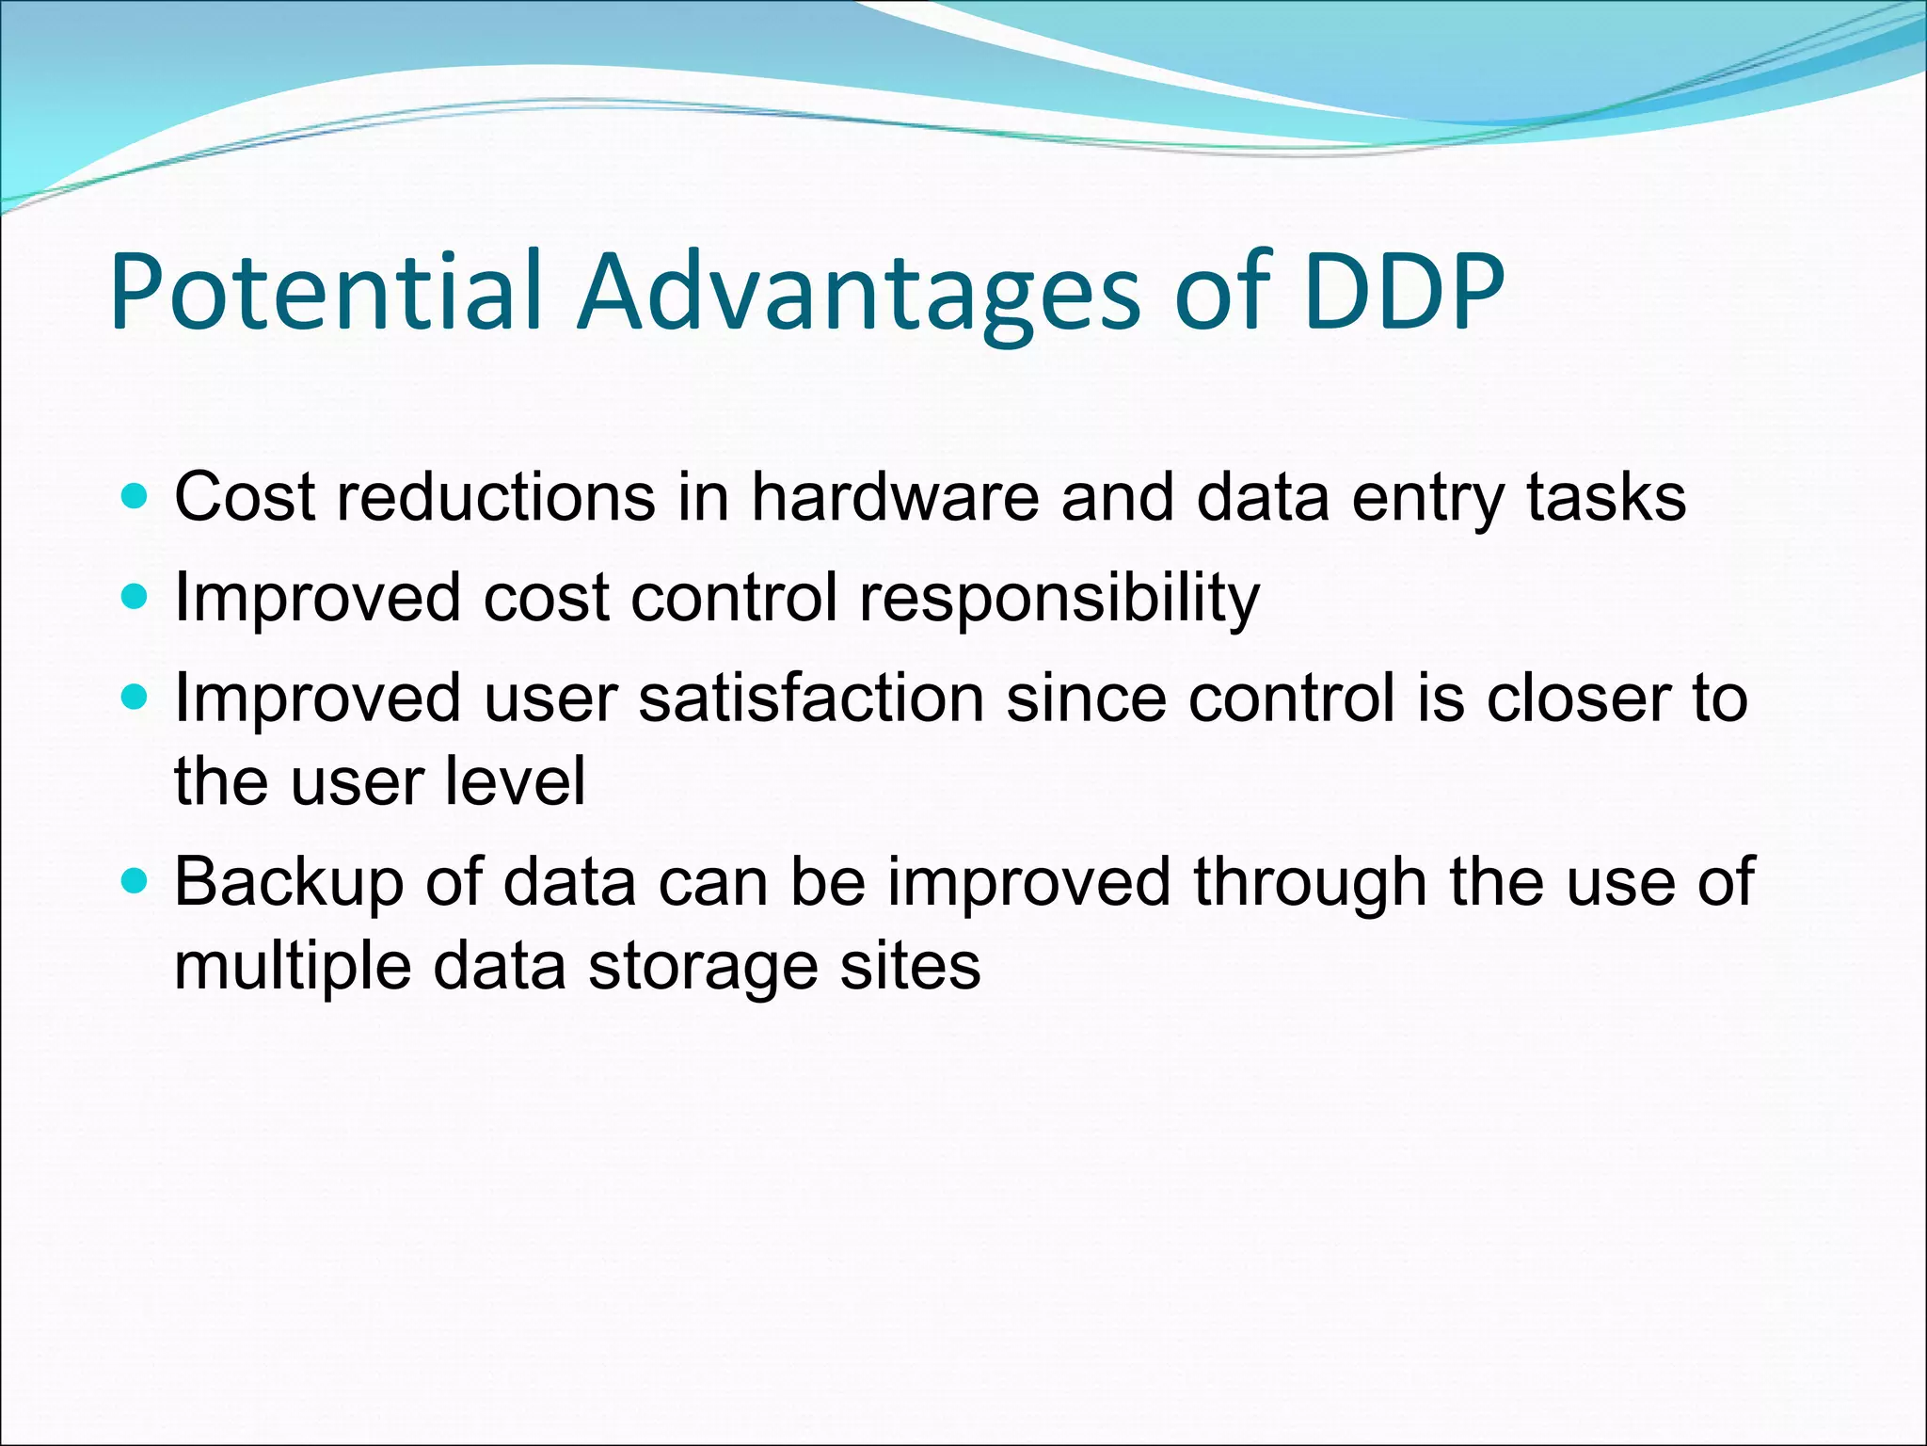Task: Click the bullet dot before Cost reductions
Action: (135, 496)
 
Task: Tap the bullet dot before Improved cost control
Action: (135, 597)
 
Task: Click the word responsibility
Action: (1059, 599)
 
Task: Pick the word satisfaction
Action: (811, 699)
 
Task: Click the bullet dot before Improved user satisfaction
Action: (135, 698)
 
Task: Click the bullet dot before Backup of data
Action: (135, 881)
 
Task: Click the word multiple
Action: (293, 968)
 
